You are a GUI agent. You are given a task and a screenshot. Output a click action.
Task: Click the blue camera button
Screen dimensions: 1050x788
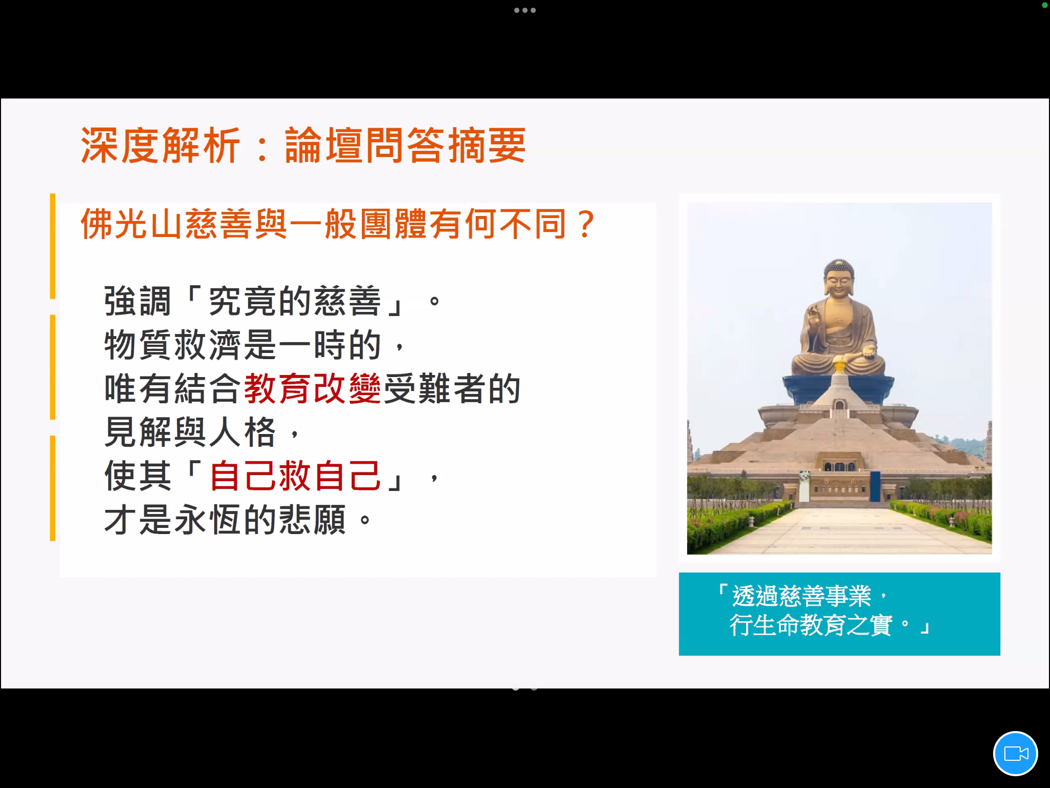(x=1015, y=754)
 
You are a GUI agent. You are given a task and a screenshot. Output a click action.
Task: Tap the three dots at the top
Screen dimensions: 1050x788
(x=525, y=10)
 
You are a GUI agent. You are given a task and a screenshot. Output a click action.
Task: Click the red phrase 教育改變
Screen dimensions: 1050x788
(x=312, y=388)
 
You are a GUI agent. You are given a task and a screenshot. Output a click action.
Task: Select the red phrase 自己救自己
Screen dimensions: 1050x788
(x=295, y=476)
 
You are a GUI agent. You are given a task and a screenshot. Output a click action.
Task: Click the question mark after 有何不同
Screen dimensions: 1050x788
(x=585, y=224)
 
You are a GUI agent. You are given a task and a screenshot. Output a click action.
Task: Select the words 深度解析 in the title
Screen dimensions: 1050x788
(x=160, y=145)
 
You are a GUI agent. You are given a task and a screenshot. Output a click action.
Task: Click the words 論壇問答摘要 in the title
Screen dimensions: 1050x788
(x=405, y=145)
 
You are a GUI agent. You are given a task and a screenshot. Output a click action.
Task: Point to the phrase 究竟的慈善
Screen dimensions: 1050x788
(x=295, y=301)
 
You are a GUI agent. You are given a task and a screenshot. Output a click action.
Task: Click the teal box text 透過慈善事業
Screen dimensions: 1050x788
(x=801, y=596)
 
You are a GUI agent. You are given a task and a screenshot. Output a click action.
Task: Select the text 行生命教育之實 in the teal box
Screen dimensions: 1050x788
(x=811, y=625)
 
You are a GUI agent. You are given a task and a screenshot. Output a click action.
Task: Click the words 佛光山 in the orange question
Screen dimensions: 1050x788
(x=132, y=224)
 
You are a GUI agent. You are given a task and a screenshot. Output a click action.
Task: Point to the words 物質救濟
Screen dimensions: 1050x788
(x=173, y=344)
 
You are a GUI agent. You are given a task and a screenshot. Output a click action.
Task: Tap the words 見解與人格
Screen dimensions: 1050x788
(x=190, y=432)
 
